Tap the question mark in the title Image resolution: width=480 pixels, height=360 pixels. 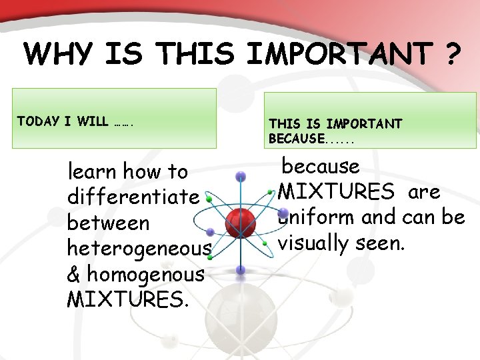[451, 53]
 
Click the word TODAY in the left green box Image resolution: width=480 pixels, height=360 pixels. [37, 121]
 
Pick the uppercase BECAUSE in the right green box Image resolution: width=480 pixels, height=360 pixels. [297, 139]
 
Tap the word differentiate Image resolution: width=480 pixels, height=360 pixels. [133, 197]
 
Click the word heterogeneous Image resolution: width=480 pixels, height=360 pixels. [139, 248]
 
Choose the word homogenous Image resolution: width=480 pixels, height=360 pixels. [145, 273]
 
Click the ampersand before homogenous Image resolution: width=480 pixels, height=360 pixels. [75, 273]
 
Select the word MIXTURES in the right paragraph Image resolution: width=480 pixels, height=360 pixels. [336, 192]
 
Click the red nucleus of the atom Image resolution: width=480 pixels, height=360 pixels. [240, 219]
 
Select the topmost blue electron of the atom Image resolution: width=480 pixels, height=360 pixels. [241, 176]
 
